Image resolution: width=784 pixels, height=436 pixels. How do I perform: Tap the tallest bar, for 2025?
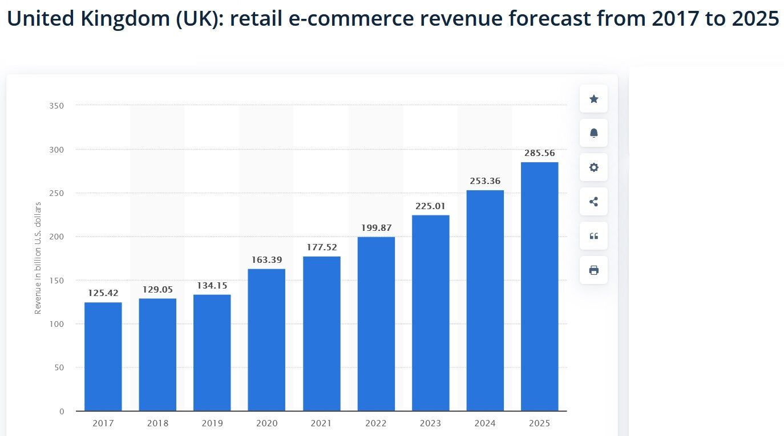[539, 286]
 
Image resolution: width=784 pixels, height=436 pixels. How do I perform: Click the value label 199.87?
[376, 228]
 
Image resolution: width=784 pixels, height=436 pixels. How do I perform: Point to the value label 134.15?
[212, 286]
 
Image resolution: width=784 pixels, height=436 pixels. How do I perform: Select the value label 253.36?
[485, 181]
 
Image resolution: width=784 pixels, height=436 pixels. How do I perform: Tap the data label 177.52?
[321, 247]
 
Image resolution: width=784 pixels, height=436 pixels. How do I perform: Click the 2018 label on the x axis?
[157, 423]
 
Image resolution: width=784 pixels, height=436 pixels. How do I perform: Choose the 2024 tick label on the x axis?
[485, 423]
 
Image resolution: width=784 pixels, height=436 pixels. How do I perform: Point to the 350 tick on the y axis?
[56, 106]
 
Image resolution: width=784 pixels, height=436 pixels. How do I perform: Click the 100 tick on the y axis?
[56, 324]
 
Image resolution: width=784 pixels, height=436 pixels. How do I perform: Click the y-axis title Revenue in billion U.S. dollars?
[38, 257]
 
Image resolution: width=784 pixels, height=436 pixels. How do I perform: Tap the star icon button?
[593, 99]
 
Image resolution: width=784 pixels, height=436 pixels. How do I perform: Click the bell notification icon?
[593, 133]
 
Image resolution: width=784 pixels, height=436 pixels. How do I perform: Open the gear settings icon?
[593, 167]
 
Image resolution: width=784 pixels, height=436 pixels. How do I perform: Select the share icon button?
[593, 202]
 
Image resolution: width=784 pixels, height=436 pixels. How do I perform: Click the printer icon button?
[593, 270]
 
